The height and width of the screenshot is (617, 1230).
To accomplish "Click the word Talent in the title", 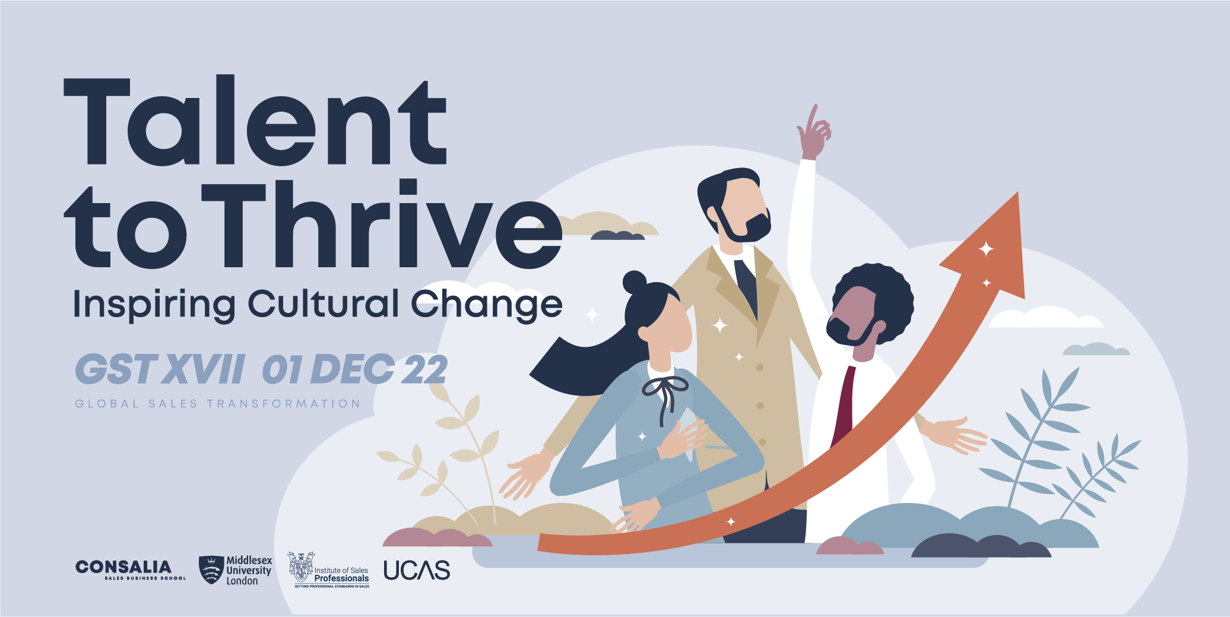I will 255,122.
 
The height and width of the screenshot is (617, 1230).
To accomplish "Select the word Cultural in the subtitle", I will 324,303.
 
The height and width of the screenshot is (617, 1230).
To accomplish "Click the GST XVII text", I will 160,369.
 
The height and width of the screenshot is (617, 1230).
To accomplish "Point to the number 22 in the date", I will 425,369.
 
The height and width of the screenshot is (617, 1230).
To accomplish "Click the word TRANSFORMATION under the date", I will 284,404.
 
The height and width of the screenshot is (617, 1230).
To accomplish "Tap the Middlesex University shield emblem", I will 211,569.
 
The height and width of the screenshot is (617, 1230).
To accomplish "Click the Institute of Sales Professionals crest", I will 301,567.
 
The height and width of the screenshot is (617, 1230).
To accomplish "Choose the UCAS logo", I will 417,571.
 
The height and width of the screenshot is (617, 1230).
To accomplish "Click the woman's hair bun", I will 634,281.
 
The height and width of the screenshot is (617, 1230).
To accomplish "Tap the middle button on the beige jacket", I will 760,406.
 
